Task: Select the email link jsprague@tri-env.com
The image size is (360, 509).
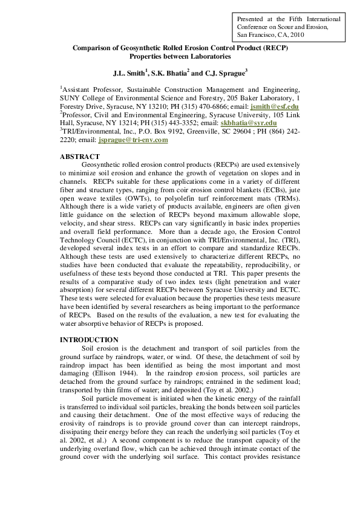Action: (133, 140)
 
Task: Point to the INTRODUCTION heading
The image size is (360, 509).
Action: (89, 340)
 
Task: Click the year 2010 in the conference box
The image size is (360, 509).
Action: (297, 35)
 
